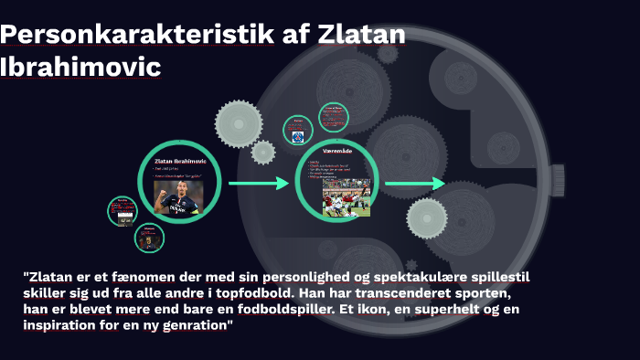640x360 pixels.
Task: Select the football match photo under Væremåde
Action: coord(346,196)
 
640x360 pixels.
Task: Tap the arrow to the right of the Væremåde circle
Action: coord(412,185)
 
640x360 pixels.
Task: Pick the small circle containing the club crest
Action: coord(297,131)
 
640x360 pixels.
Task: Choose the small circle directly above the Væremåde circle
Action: coord(332,115)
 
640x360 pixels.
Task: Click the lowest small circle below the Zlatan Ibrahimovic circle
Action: coord(149,238)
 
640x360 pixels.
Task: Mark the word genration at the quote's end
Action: coord(200,326)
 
